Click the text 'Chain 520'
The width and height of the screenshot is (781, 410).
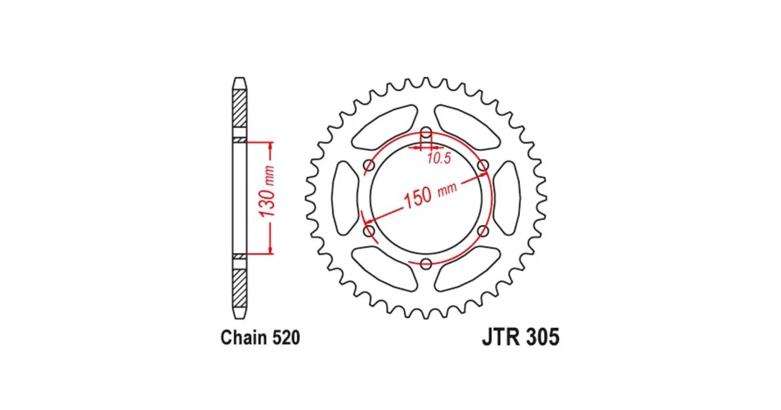pos(260,338)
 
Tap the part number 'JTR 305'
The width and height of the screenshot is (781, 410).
pos(521,337)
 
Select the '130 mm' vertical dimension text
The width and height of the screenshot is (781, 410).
pos(268,191)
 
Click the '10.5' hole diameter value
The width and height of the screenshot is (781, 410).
pos(439,159)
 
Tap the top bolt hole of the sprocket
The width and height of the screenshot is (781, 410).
pos(426,133)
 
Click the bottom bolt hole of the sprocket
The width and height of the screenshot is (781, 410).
pos(426,263)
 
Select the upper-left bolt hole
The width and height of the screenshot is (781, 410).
pos(369,165)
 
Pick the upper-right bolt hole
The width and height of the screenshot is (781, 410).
pos(483,165)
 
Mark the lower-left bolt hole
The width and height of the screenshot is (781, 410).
pos(369,231)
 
